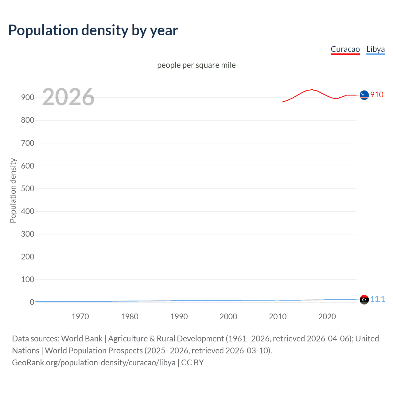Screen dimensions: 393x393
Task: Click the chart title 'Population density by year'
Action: tap(93, 30)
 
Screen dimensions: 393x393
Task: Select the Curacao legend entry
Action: tap(345, 49)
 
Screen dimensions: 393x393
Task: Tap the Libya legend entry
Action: tap(375, 49)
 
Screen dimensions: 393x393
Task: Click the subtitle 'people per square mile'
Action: tap(196, 65)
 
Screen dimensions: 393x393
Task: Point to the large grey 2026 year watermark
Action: tap(68, 97)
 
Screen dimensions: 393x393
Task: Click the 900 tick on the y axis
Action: tap(28, 97)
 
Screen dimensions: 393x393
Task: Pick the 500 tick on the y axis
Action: tap(28, 189)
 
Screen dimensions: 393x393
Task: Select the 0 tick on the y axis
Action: tap(32, 302)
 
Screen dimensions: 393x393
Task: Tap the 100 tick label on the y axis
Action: tap(28, 279)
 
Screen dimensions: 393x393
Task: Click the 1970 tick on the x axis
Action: tap(80, 317)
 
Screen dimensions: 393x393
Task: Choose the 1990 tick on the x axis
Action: tap(179, 317)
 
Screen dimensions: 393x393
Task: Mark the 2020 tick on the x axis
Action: tap(327, 317)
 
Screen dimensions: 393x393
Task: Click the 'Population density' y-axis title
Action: tap(13, 190)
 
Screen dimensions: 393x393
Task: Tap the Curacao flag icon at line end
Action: tap(364, 95)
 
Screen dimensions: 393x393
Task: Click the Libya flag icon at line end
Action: tap(364, 299)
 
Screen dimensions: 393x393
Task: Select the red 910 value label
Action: tap(377, 95)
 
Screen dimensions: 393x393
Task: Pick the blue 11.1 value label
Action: tap(377, 299)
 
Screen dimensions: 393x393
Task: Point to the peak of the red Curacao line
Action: tap(312, 90)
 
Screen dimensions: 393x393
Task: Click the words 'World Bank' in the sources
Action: tap(82, 338)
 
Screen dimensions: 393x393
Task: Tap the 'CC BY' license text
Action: tap(193, 362)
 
